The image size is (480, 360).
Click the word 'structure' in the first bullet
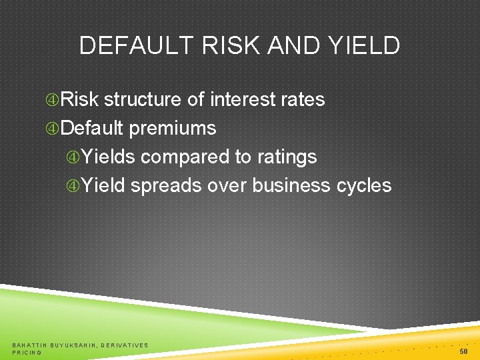(143, 100)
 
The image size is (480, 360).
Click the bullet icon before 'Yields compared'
(73, 157)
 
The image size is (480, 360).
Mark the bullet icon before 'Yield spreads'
(73, 185)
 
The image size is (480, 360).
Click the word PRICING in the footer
(27, 352)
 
